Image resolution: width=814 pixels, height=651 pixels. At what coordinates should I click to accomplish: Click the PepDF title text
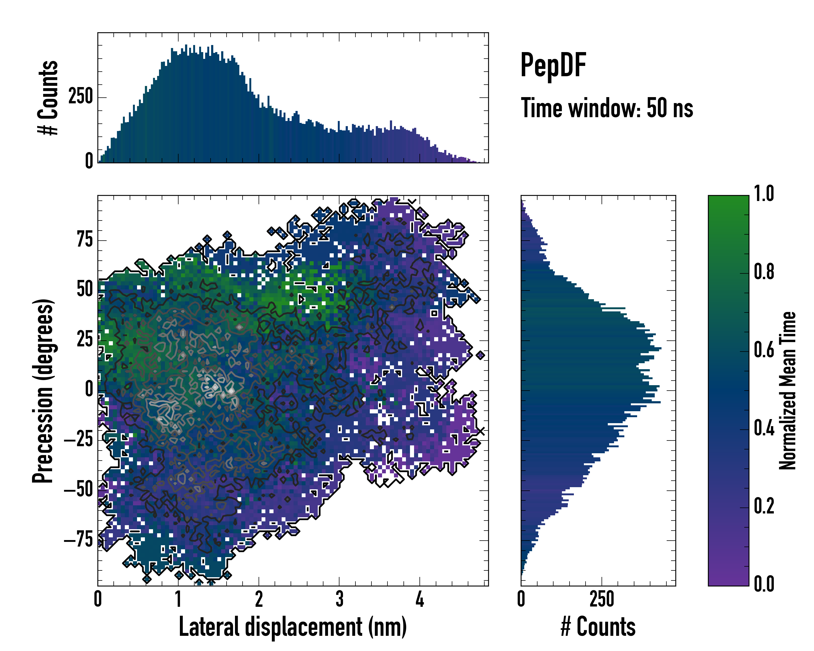click(x=553, y=66)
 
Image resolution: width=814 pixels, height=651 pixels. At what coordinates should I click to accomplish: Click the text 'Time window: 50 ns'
click(x=607, y=108)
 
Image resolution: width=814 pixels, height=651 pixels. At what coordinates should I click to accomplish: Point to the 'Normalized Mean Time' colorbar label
click(x=788, y=391)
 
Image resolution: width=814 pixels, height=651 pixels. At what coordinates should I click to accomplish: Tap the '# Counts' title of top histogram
click(x=48, y=98)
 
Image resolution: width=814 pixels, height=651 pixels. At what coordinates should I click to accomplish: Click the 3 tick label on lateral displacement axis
click(x=339, y=599)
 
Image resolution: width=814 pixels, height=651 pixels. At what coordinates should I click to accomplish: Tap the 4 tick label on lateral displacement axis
click(x=420, y=599)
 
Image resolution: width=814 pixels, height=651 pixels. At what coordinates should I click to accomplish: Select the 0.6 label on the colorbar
click(x=764, y=350)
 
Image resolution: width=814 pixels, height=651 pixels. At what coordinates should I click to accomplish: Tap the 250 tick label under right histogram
click(x=602, y=599)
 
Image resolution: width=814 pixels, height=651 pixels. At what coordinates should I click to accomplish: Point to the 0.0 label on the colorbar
click(x=764, y=584)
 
